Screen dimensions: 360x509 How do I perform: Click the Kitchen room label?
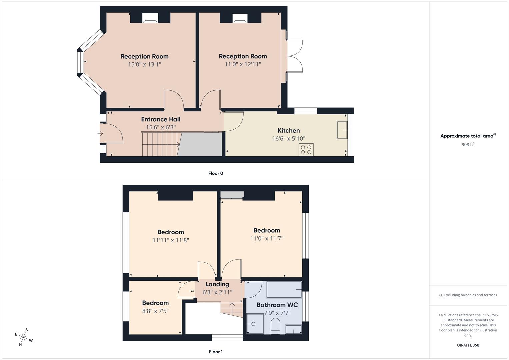[x=289, y=131]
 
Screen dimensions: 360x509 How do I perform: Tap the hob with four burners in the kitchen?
[x=306, y=150]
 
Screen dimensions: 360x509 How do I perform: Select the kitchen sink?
[x=342, y=130]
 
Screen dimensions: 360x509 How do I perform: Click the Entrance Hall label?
[x=161, y=119]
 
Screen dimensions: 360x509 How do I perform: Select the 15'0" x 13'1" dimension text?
[x=144, y=64]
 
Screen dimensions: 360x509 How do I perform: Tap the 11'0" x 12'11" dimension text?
[x=243, y=64]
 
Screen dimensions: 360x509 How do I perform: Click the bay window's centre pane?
[x=80, y=62]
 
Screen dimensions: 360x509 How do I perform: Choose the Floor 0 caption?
[x=216, y=173]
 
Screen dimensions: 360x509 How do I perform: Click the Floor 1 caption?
[x=216, y=352]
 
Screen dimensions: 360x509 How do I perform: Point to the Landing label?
[x=217, y=284]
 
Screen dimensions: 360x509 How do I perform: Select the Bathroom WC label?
[x=277, y=305]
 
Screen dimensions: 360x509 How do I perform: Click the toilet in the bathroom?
[x=275, y=326]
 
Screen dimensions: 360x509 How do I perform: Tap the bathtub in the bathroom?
[x=284, y=289]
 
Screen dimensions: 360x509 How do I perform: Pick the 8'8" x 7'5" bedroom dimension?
[x=155, y=311]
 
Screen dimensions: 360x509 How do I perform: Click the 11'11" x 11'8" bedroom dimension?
[x=171, y=240]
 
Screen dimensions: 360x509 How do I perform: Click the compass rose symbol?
[x=24, y=337]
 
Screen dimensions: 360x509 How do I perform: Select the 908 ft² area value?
[x=468, y=144]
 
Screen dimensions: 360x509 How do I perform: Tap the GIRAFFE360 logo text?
[x=468, y=345]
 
